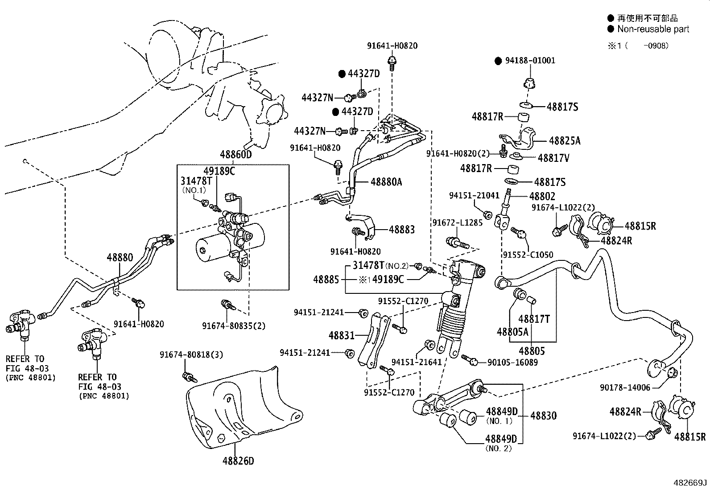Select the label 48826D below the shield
pos(238,461)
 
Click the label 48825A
pos(565,141)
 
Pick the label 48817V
pos(553,158)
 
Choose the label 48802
pos(542,196)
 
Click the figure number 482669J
pos(690,483)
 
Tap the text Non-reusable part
pos(653,29)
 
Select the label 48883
pos(401,230)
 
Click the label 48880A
pos(386,182)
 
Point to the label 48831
pos(341,335)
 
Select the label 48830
pos(543,416)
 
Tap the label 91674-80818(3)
pos(191,354)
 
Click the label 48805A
pos(512,332)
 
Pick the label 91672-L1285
pos(457,222)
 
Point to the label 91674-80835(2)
pos(233,326)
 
